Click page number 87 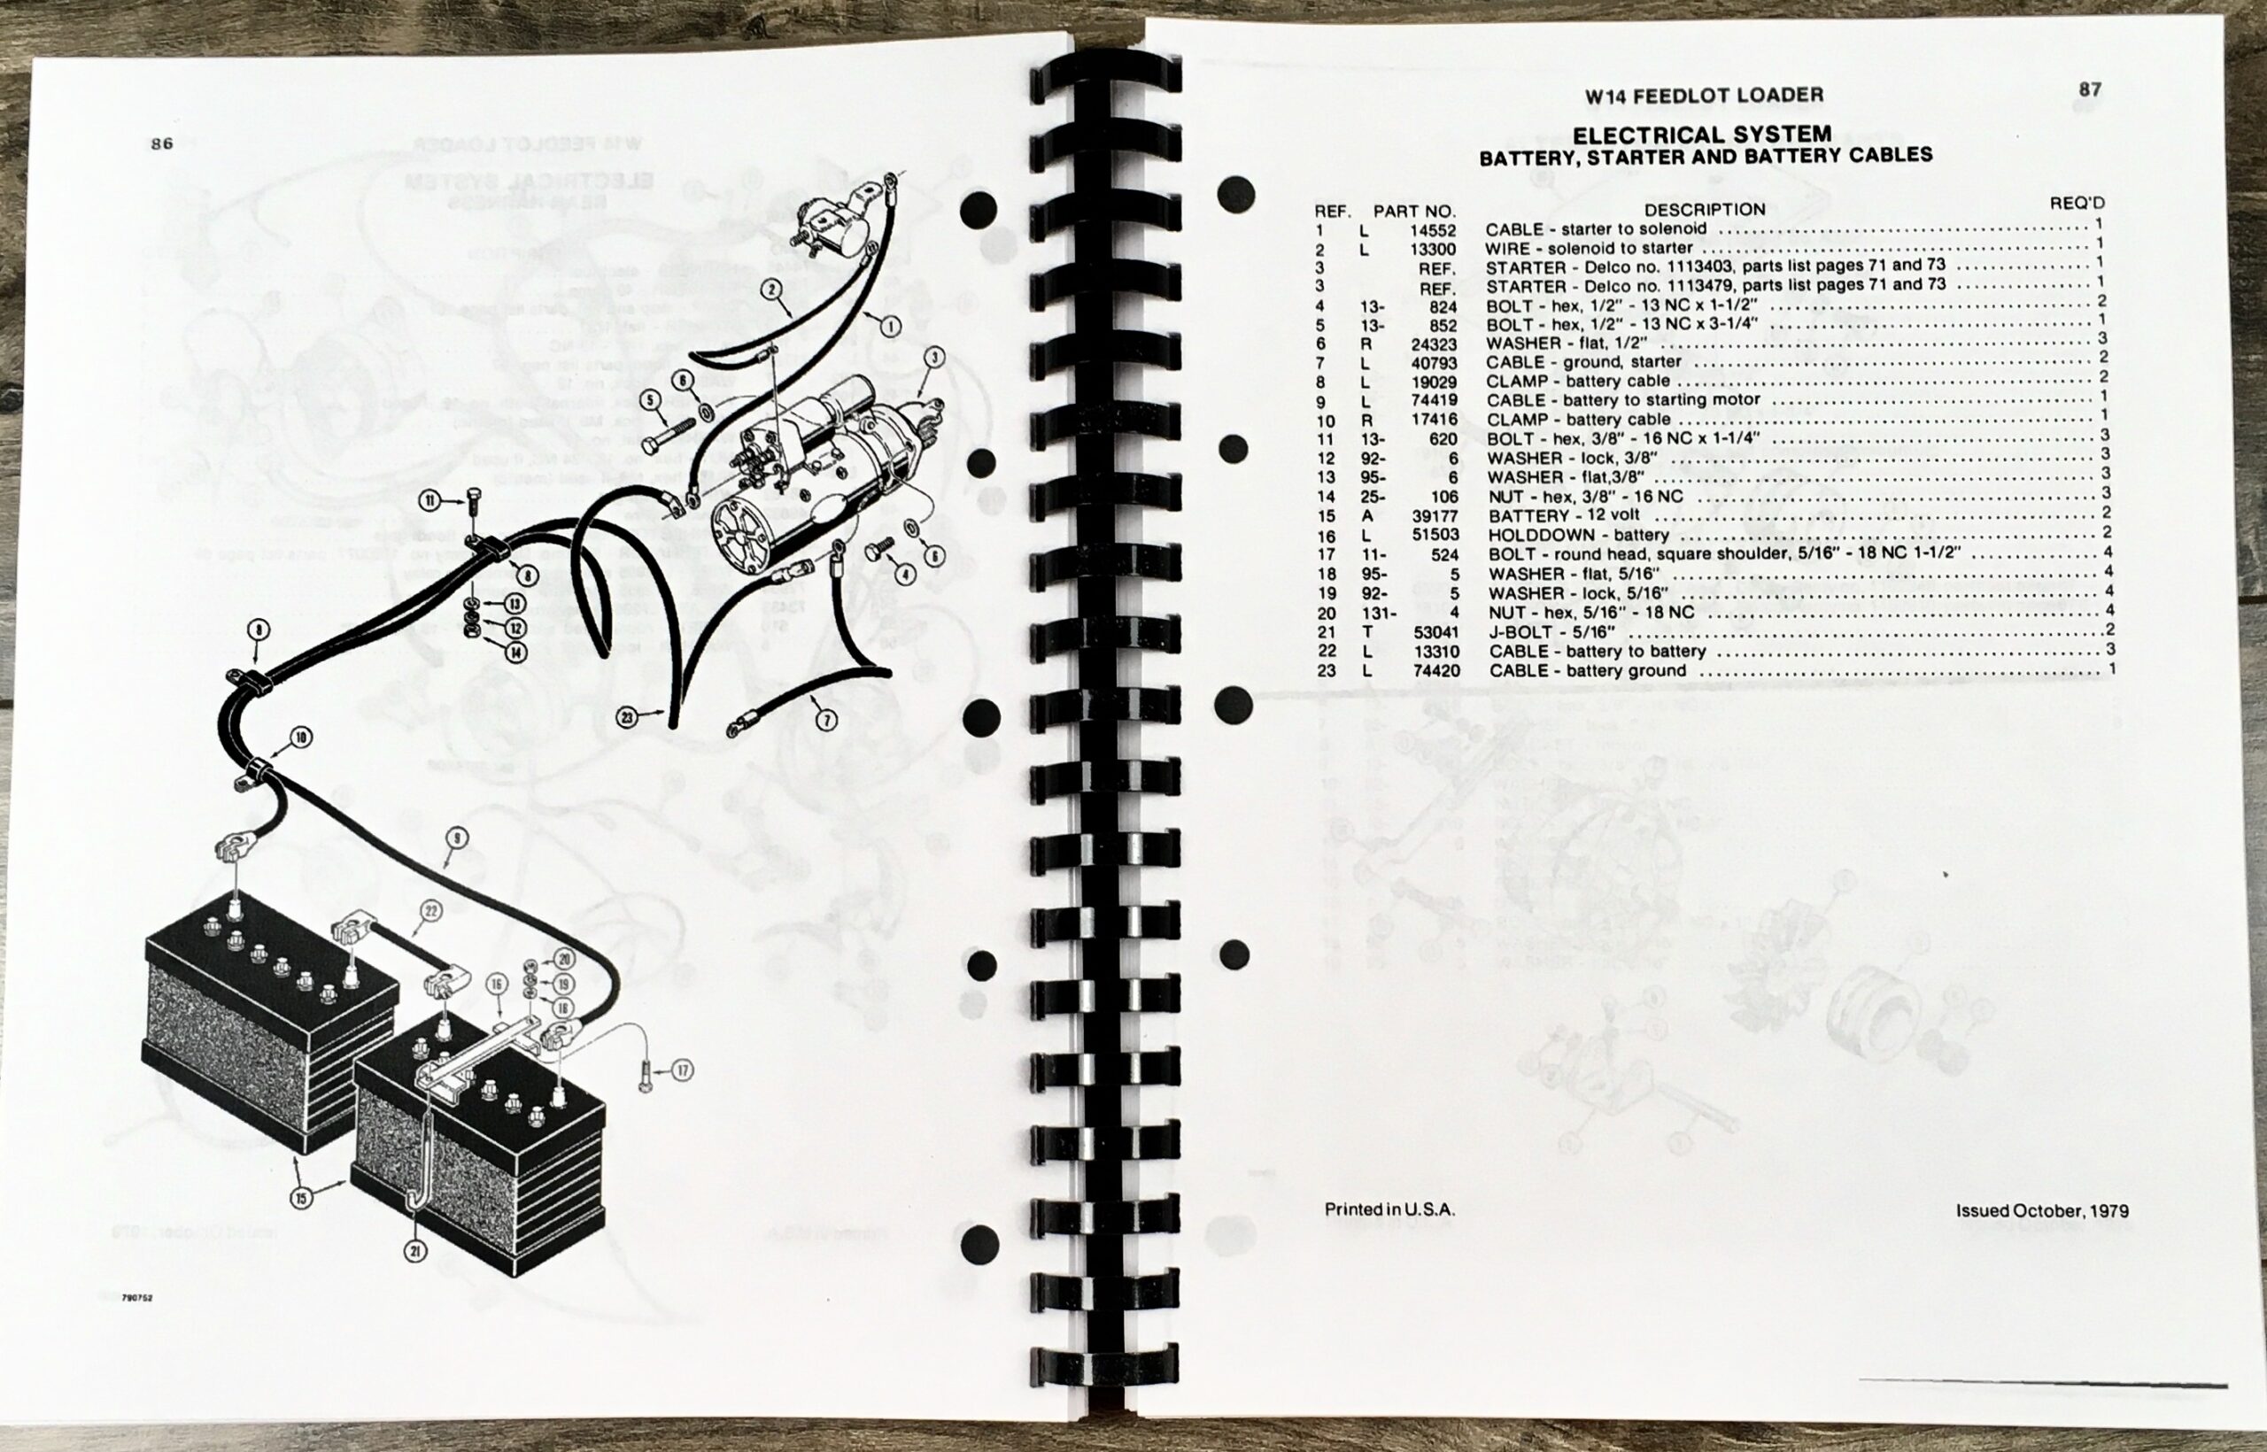(2090, 89)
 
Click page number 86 (162, 144)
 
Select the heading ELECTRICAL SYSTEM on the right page (1702, 135)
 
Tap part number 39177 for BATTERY (1435, 516)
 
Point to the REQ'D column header (2077, 203)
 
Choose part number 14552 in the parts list (1433, 230)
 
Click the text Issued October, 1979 (2041, 1210)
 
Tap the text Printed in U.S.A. (1389, 1209)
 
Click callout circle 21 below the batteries (416, 1251)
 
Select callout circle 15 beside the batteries (301, 1199)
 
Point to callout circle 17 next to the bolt (682, 1070)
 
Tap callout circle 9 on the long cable (456, 837)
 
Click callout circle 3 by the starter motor (933, 358)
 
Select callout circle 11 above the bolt (430, 500)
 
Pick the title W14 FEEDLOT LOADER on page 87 (1703, 96)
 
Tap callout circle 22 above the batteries (431, 911)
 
